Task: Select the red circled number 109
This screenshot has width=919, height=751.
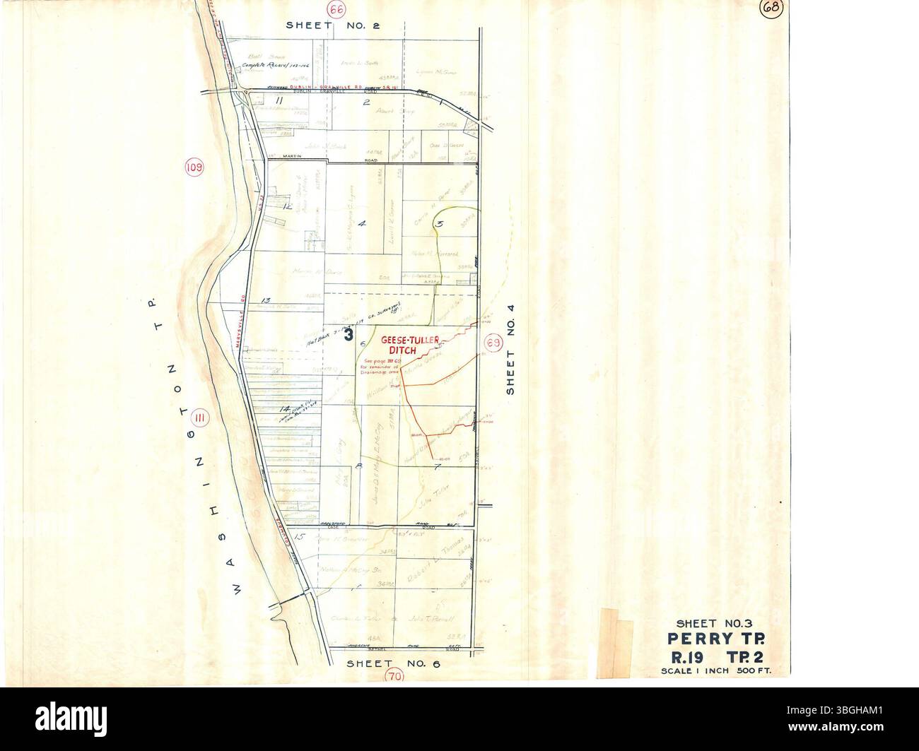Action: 194,167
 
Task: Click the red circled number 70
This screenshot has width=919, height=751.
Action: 394,675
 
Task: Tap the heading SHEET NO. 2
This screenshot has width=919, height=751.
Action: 333,25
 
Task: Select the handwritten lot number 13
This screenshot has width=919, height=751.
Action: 266,301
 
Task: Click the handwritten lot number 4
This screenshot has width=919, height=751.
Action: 362,224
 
